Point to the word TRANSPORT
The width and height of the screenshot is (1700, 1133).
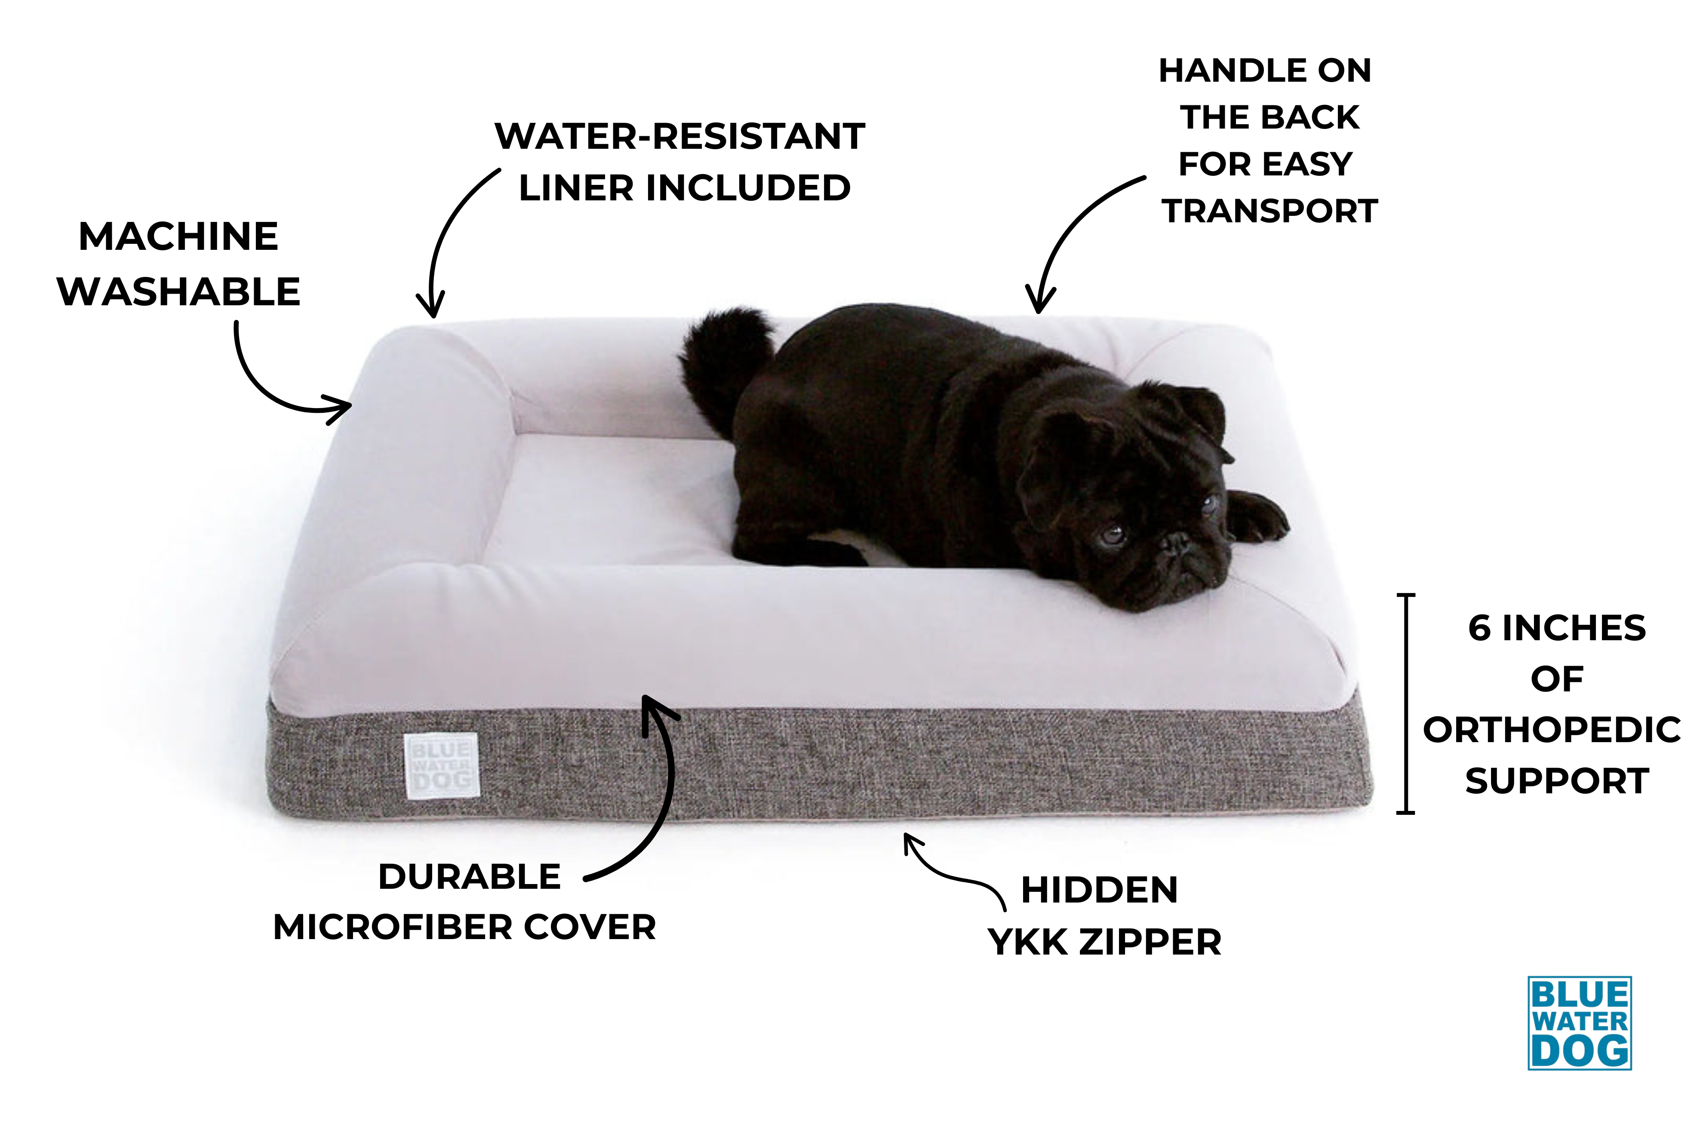(x=1270, y=211)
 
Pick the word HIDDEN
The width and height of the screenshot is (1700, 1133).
(x=1099, y=890)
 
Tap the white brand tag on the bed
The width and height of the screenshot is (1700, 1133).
(x=441, y=766)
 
